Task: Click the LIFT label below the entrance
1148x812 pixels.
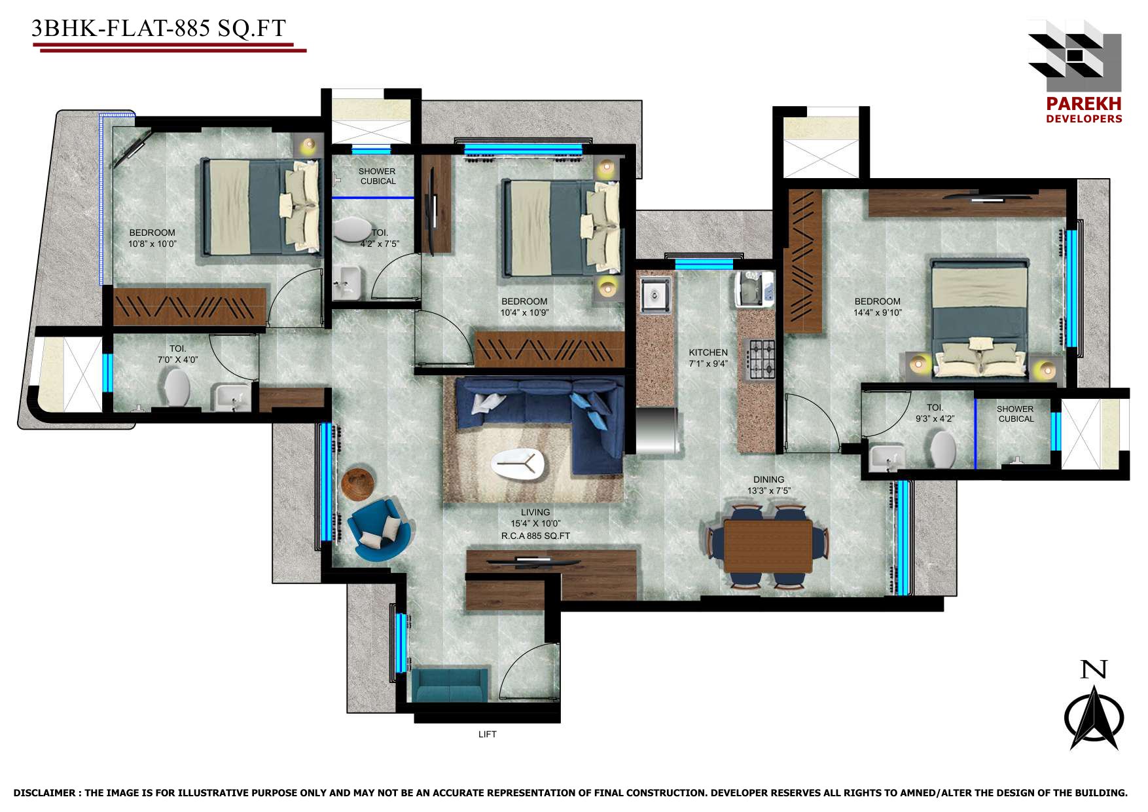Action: click(488, 734)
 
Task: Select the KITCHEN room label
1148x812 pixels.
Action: click(708, 352)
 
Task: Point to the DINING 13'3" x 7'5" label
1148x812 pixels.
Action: click(768, 485)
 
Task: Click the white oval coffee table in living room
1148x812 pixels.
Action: click(518, 464)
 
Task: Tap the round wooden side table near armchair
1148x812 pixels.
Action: click(357, 484)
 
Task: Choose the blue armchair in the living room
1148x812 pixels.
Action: click(379, 529)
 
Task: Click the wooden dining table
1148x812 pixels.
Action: click(768, 545)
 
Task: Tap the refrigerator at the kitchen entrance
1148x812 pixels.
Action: click(656, 430)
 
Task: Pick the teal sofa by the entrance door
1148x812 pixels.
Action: click(450, 685)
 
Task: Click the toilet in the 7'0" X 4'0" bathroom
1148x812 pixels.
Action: click(177, 388)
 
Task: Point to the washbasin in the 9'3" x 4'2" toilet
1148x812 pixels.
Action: click(887, 456)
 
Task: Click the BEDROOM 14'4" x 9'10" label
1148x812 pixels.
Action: click(877, 307)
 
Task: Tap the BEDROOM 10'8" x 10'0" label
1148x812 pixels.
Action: click(152, 238)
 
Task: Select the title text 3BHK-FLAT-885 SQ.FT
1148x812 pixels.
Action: click(159, 28)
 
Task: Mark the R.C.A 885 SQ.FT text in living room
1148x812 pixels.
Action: click(535, 536)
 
